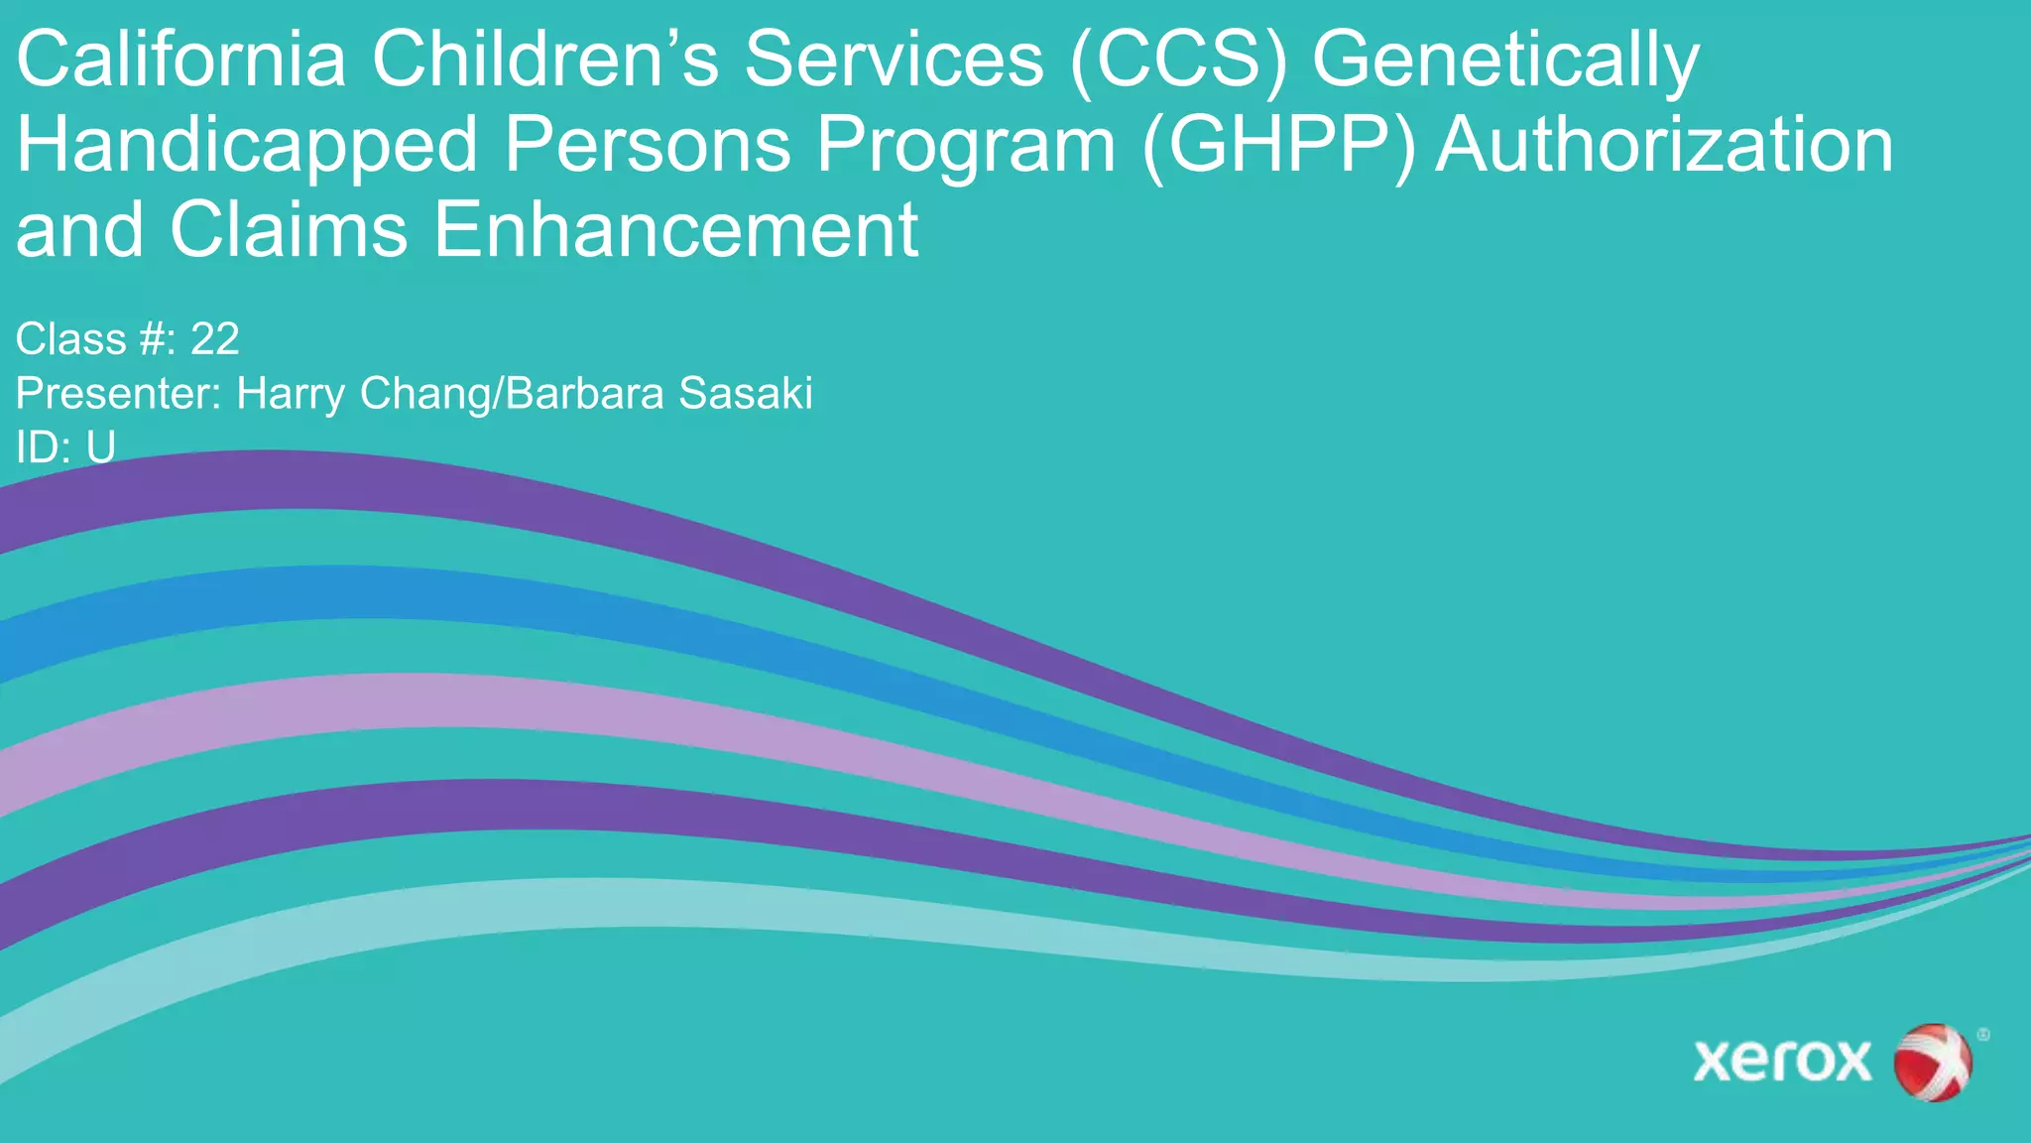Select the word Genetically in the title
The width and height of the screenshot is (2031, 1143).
(x=1505, y=62)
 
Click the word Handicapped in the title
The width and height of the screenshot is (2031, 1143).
(x=247, y=146)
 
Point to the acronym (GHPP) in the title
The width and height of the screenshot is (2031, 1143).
(x=1279, y=146)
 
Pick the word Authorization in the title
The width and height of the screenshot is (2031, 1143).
(x=1664, y=146)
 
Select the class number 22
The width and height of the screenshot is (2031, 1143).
(x=214, y=339)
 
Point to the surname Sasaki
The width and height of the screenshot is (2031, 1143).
(x=746, y=394)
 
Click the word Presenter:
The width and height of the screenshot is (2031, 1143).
(x=119, y=394)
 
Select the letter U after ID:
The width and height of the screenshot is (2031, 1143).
(x=100, y=448)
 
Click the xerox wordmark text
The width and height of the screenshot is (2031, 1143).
(x=1782, y=1062)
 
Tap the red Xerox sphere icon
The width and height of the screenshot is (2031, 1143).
(x=1932, y=1062)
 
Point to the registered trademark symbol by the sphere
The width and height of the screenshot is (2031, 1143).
(x=1982, y=1035)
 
